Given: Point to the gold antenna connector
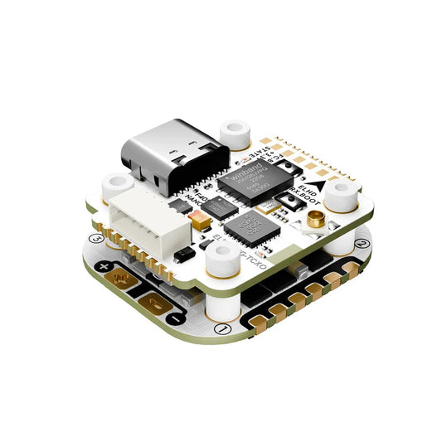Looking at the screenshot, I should pos(316,221).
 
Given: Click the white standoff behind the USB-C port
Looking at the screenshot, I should pos(236,131).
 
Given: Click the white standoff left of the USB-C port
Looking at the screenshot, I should pos(113,184).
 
